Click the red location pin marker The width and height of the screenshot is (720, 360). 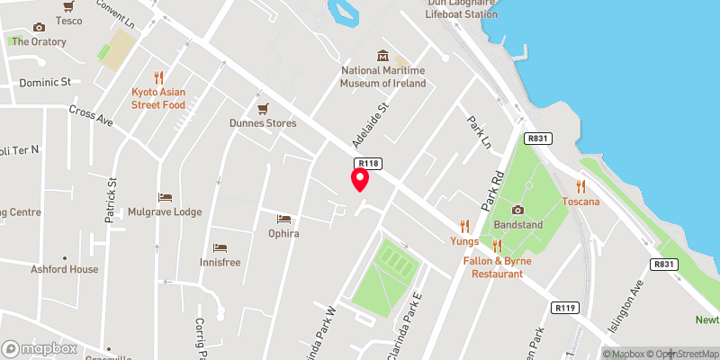359,179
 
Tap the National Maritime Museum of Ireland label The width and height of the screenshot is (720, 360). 383,76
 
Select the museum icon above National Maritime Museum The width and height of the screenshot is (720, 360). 383,55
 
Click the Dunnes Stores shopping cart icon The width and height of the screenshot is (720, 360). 262,108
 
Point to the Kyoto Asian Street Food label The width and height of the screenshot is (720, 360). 158,98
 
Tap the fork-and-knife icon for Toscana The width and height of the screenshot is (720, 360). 580,186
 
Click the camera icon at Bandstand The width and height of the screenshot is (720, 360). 517,209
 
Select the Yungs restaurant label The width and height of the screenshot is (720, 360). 464,240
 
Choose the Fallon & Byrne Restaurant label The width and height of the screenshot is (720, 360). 497,266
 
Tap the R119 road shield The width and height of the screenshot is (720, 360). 565,308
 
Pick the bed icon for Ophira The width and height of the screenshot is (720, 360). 283,219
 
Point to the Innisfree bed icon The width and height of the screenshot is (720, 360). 220,247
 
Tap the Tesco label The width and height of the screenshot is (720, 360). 68,20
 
